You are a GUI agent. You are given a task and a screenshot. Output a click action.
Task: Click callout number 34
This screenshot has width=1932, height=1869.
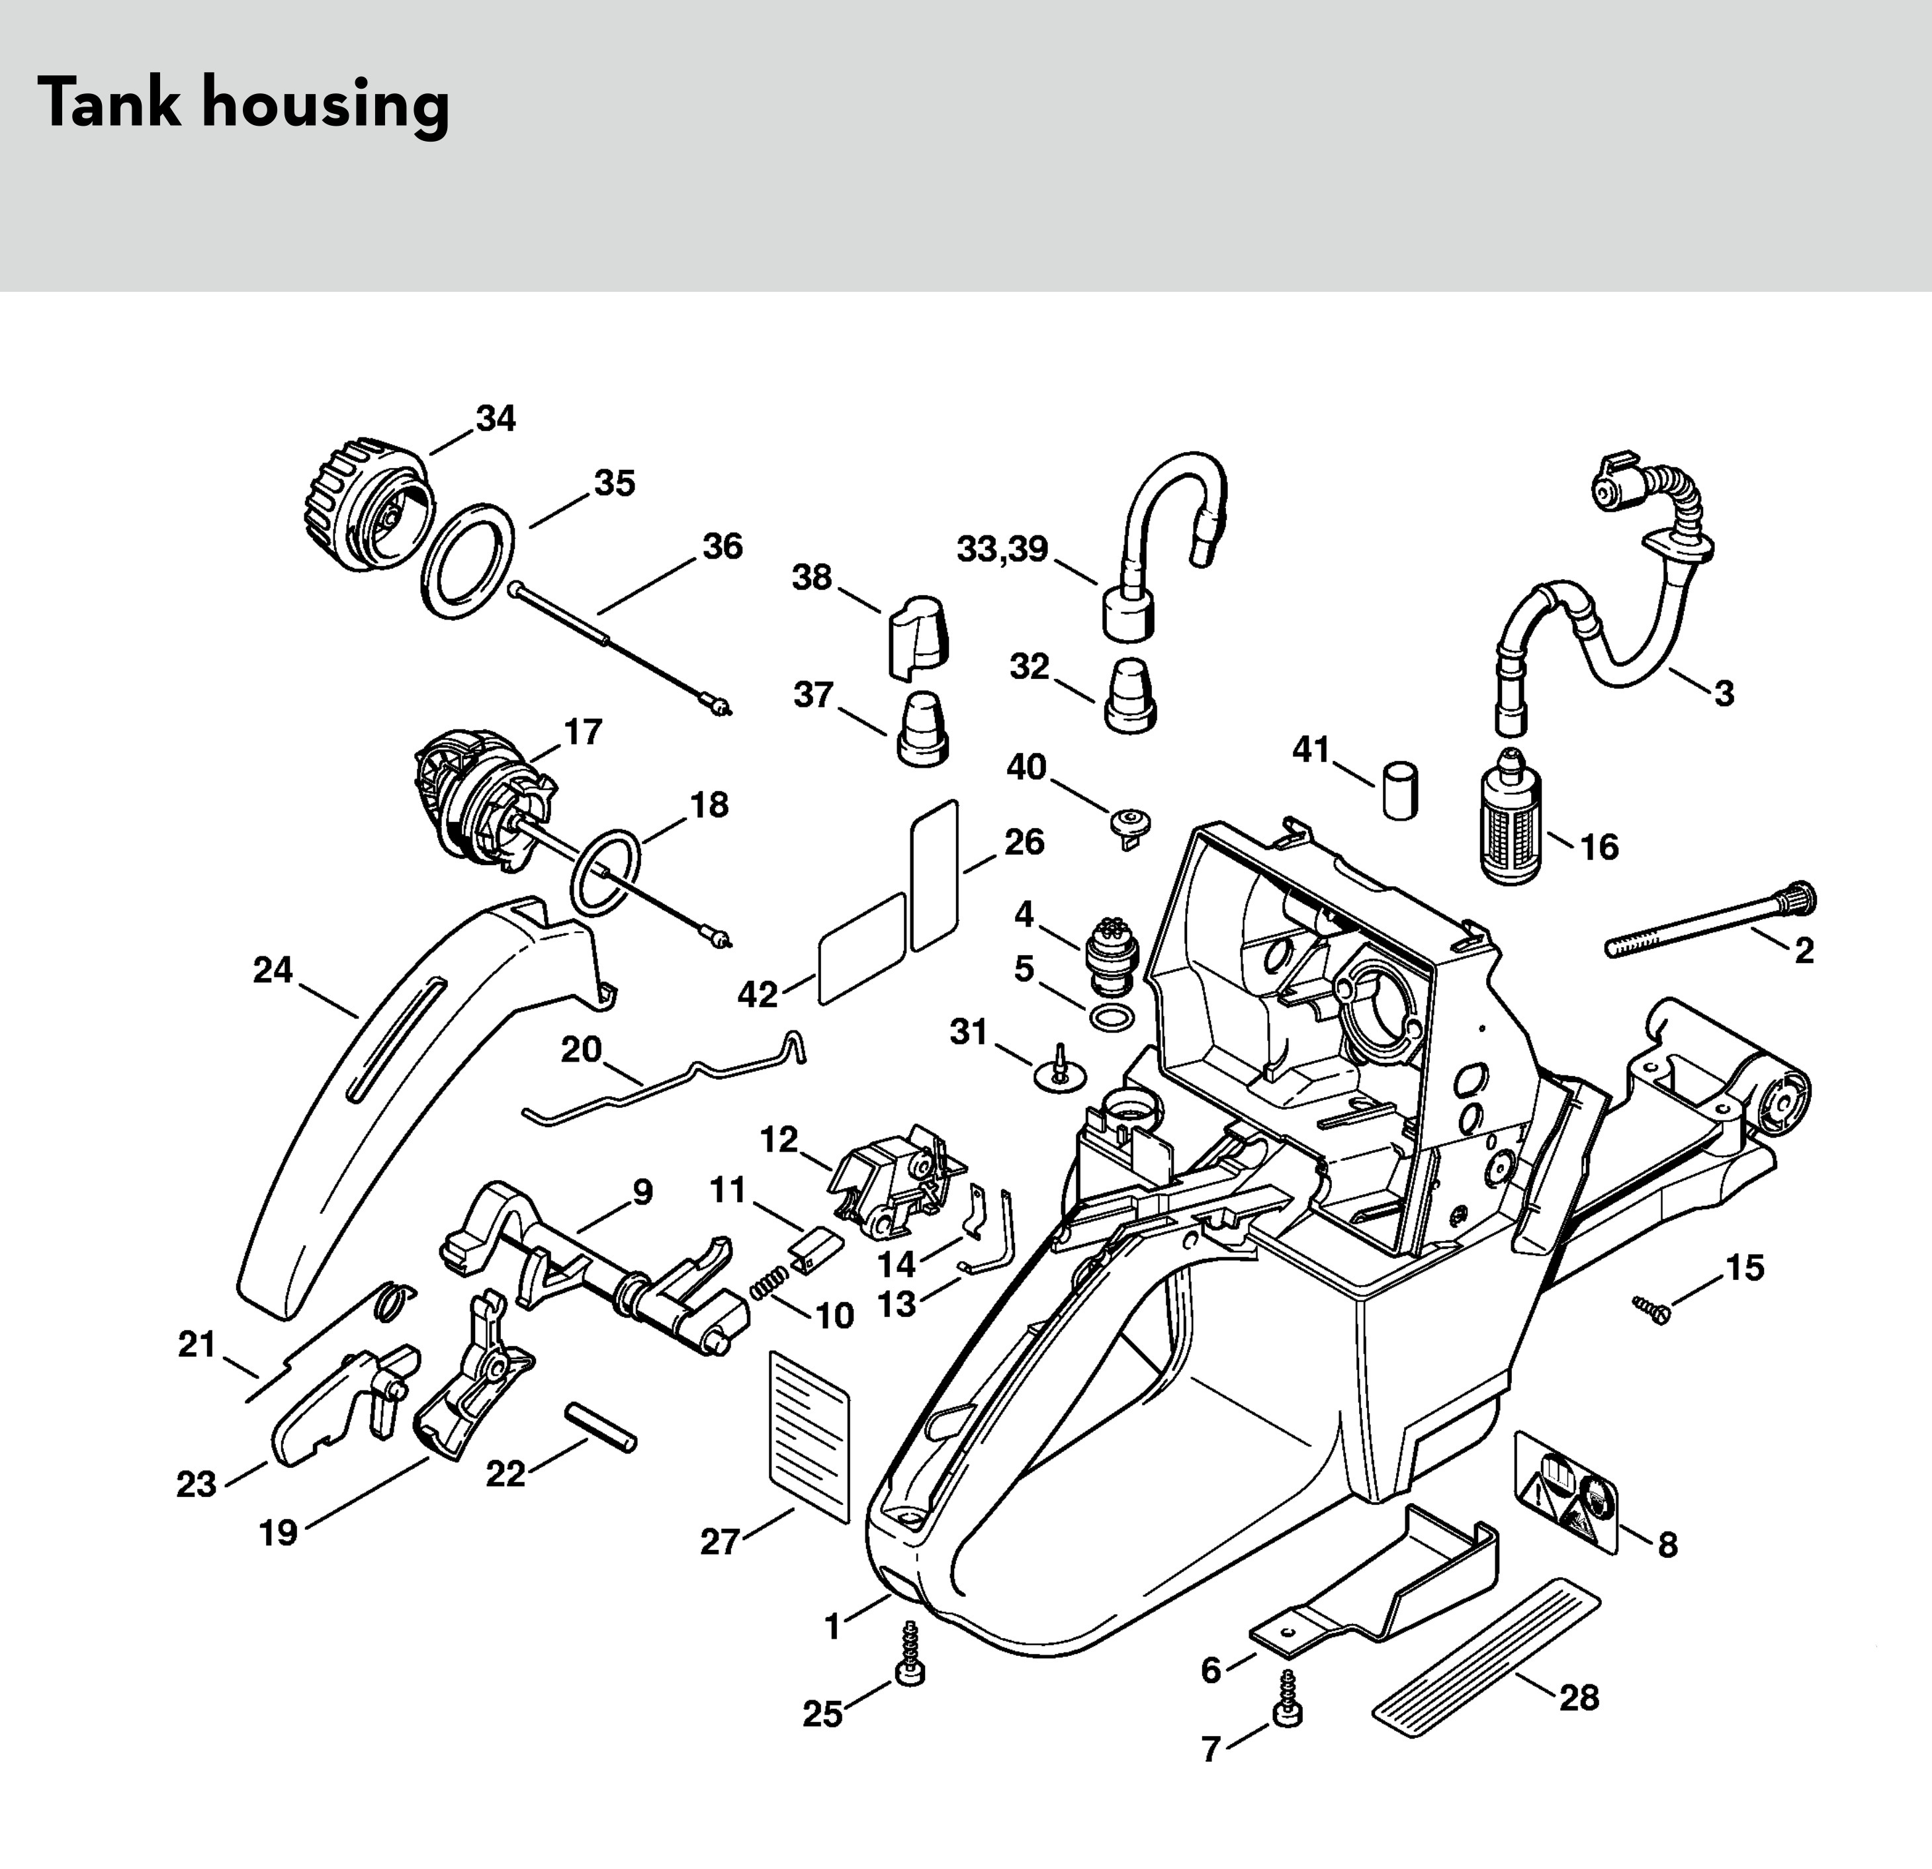tap(496, 419)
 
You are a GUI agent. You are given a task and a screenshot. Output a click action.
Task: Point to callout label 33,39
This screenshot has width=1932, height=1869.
tap(1002, 549)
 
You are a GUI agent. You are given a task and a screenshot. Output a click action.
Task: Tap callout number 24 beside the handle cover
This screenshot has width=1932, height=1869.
tap(273, 971)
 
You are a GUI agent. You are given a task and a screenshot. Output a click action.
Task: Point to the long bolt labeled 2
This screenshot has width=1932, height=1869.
tap(1710, 920)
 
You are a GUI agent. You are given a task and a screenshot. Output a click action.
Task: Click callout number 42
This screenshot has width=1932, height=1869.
tap(757, 995)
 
